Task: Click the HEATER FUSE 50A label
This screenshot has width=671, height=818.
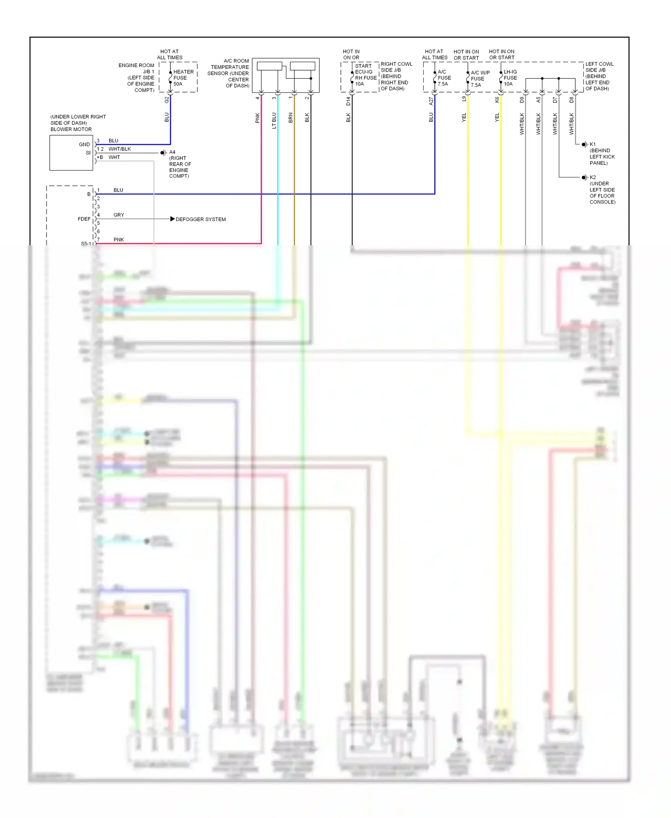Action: tap(183, 78)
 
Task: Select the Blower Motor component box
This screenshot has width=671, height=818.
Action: tap(71, 153)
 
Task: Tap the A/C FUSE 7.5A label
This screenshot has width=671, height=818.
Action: tap(444, 78)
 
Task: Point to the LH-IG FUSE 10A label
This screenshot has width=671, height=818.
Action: tap(510, 78)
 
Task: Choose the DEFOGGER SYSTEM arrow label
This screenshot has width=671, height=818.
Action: tap(200, 219)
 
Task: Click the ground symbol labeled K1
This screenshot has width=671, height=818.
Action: tap(584, 145)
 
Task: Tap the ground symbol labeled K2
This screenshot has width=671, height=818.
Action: tap(584, 178)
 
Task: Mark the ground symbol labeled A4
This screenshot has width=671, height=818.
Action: tap(164, 153)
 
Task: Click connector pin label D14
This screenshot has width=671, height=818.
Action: tap(348, 101)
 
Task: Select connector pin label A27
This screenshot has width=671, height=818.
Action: tap(431, 101)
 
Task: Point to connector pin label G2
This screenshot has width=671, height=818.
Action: tap(166, 100)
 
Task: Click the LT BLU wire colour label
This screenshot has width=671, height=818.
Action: tap(274, 120)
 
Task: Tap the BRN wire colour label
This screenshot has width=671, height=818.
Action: tap(290, 118)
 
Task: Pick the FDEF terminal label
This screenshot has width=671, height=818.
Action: tap(84, 219)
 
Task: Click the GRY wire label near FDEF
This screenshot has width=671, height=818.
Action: tap(119, 215)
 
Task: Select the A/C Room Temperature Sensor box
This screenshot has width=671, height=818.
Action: tap(285, 75)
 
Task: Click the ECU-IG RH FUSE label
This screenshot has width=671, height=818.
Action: tap(365, 75)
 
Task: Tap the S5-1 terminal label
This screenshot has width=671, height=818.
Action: tap(86, 243)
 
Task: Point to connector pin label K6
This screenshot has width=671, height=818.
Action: tap(497, 100)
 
